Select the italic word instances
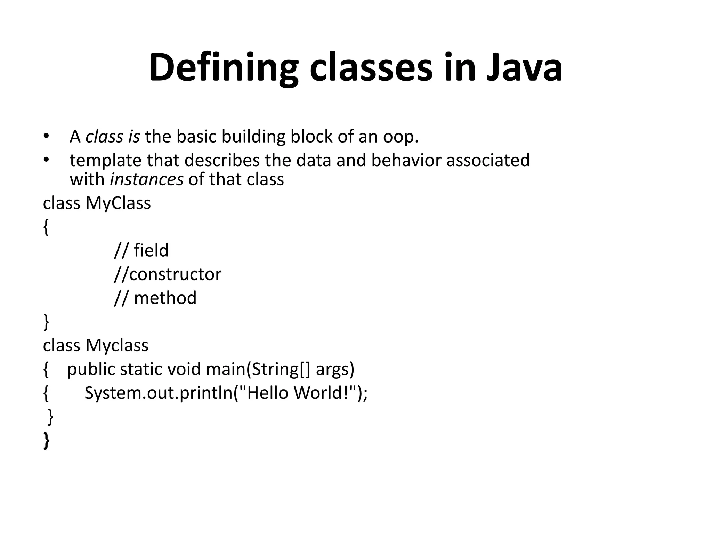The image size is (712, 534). coord(146,180)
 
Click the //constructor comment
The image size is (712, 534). coord(168,274)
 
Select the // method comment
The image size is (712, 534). coord(155,298)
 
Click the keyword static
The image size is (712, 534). coord(141,370)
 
